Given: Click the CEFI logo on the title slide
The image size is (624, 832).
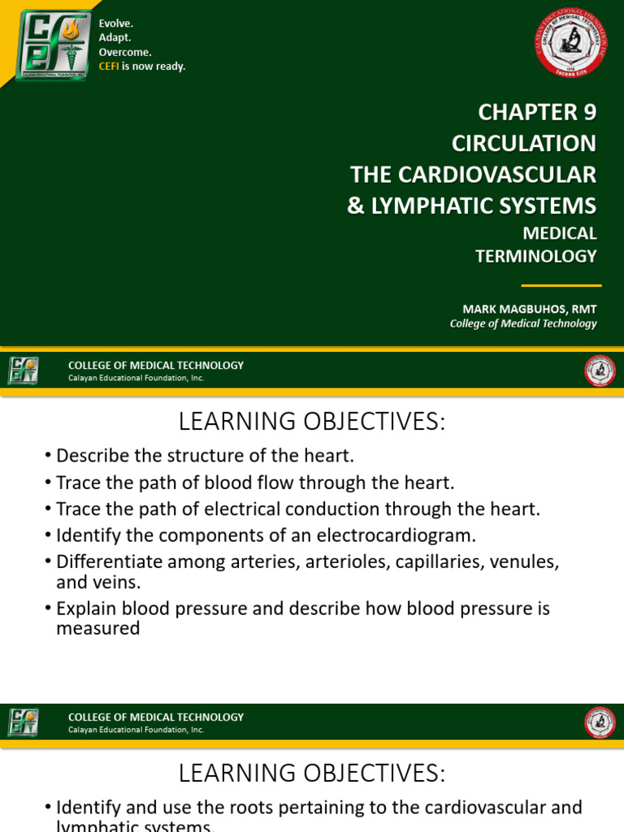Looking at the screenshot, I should pos(54,45).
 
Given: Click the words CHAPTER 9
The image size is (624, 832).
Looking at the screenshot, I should pos(537,112).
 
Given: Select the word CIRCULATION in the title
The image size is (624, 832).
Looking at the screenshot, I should pos(523,143).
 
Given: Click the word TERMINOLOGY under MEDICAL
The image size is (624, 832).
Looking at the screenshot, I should pos(535,256).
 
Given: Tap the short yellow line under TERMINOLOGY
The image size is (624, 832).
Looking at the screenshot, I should pos(561,286).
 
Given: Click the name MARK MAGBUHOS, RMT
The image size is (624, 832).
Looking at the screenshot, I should pos(529,309).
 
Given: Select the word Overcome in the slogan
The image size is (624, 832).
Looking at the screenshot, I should pos(125,52).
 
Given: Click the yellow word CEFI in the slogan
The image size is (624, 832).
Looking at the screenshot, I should pos(109,67).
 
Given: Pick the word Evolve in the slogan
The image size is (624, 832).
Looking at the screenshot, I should pos(116,24).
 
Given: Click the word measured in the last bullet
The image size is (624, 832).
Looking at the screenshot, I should pos(97,628).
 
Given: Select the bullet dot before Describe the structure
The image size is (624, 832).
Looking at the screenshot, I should pos(49,457).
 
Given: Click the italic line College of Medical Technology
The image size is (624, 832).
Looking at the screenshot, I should pos(523,323).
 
